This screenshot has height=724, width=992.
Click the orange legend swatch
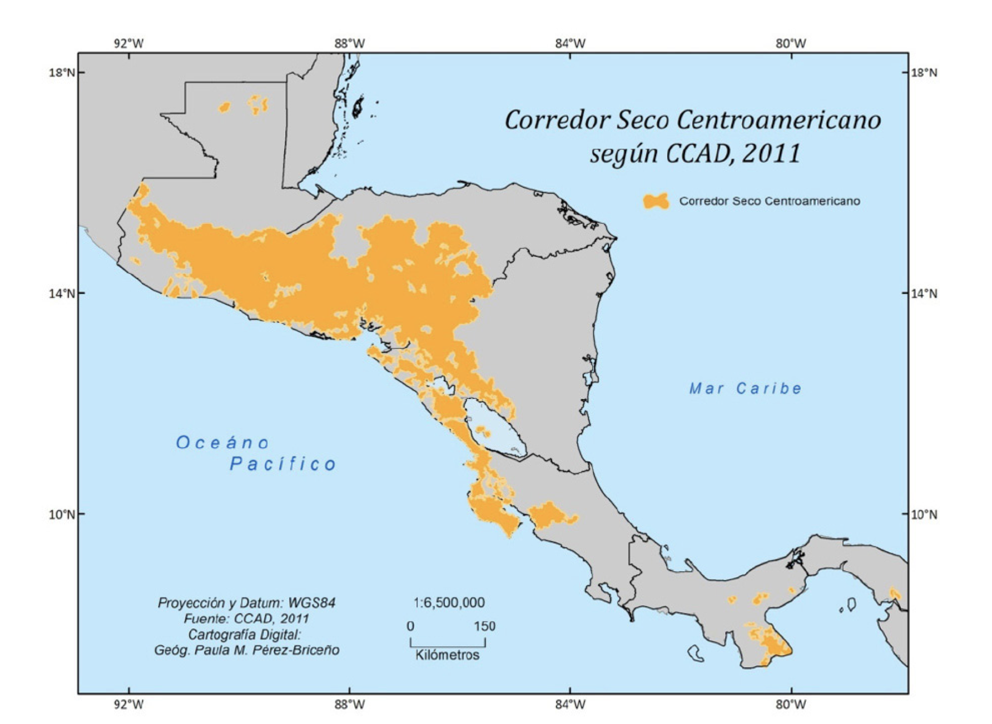(656, 201)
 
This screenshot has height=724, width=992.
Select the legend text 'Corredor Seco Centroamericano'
(770, 201)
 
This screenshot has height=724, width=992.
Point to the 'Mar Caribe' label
(745, 388)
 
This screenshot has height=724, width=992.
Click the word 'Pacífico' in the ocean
(283, 464)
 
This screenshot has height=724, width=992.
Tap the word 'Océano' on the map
(222, 443)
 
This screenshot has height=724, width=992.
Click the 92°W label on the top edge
(128, 43)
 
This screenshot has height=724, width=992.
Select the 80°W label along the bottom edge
(791, 705)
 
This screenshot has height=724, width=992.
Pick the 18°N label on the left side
(62, 72)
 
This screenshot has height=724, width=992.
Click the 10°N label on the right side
(924, 514)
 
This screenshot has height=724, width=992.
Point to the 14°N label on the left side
(62, 293)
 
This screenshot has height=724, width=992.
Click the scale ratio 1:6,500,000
(449, 603)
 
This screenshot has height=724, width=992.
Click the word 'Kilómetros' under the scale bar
(447, 655)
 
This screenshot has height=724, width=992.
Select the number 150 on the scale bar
(484, 626)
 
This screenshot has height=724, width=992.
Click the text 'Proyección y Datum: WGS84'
(246, 603)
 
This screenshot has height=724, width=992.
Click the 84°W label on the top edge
(570, 43)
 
